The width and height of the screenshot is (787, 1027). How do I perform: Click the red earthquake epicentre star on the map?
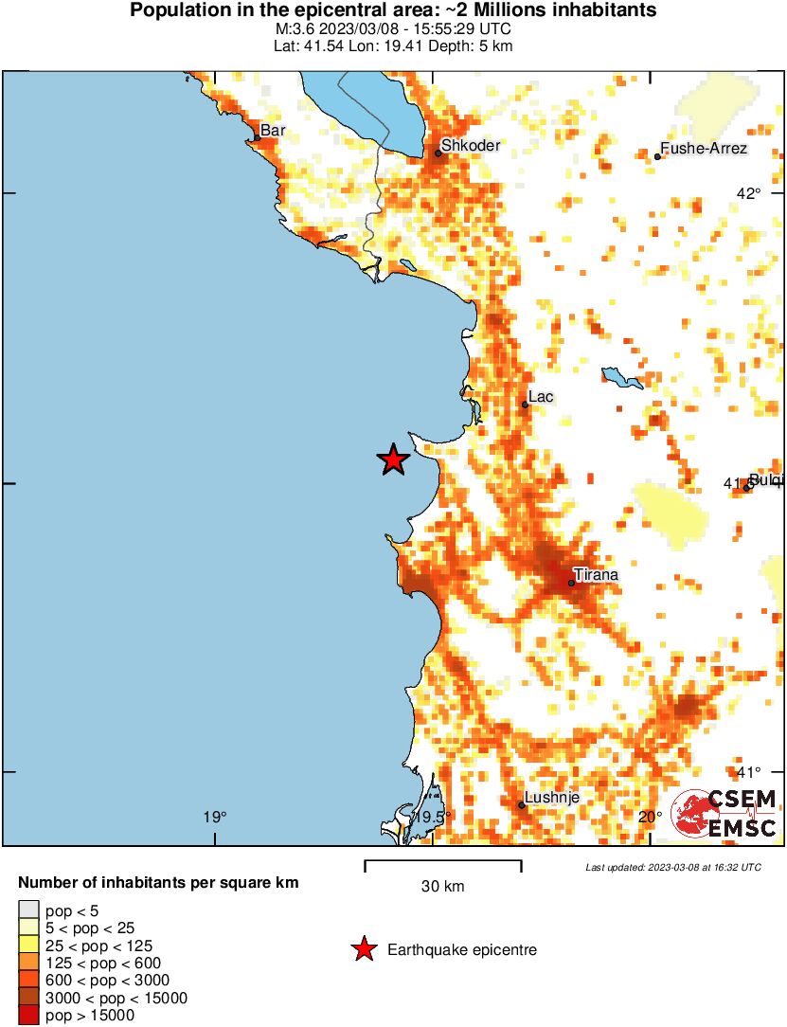point(393,459)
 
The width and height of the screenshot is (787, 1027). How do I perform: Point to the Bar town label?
point(273,131)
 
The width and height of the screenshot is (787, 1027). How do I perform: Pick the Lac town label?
point(541,397)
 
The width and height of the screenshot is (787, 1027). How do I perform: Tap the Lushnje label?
point(553,798)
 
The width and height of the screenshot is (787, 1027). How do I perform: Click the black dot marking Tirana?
point(572,583)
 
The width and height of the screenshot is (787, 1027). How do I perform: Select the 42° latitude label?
point(749,193)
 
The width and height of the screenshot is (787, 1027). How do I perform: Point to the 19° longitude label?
point(216,817)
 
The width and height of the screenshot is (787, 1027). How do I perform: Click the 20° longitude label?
point(651,817)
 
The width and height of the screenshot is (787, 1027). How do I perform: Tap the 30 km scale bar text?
point(442,887)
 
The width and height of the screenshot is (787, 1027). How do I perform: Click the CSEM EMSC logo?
point(724,813)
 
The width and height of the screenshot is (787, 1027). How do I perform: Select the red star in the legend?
point(363,949)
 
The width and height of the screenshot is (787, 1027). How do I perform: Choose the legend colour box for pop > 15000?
point(28,1015)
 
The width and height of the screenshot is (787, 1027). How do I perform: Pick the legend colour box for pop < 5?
point(28,910)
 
